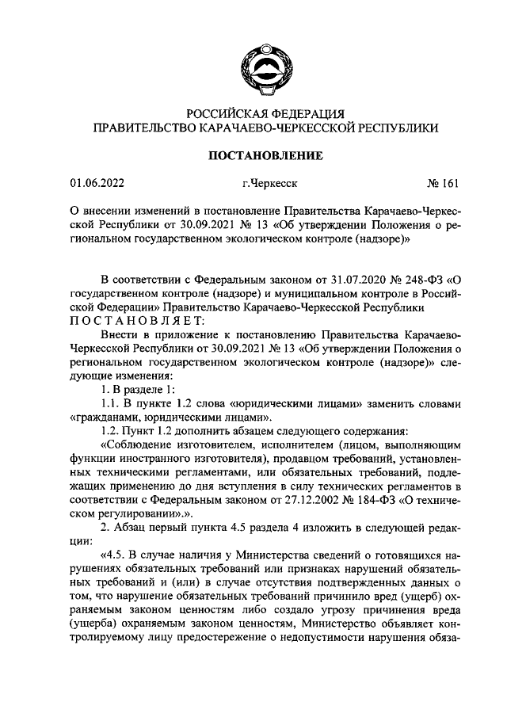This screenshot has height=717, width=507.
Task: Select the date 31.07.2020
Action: pos(349,279)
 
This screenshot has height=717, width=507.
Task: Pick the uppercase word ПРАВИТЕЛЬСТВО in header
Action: pos(141,128)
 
